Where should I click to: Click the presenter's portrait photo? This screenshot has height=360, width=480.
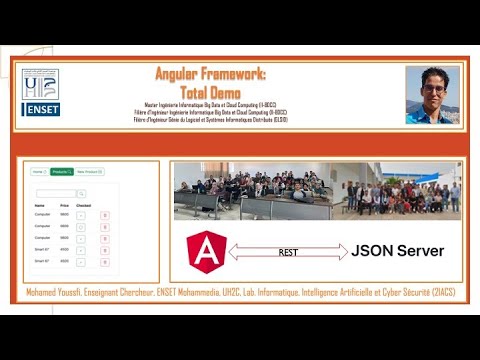click(x=432, y=95)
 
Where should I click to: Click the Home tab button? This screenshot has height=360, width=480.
click(x=38, y=172)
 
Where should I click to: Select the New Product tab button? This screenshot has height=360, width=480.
click(x=89, y=172)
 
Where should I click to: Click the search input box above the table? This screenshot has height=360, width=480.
click(x=57, y=193)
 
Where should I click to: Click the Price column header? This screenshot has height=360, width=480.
click(x=64, y=204)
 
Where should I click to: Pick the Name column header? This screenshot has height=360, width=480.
click(x=40, y=204)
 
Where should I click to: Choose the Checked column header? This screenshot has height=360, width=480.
click(x=84, y=204)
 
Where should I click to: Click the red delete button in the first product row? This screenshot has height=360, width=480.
click(x=105, y=215)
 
